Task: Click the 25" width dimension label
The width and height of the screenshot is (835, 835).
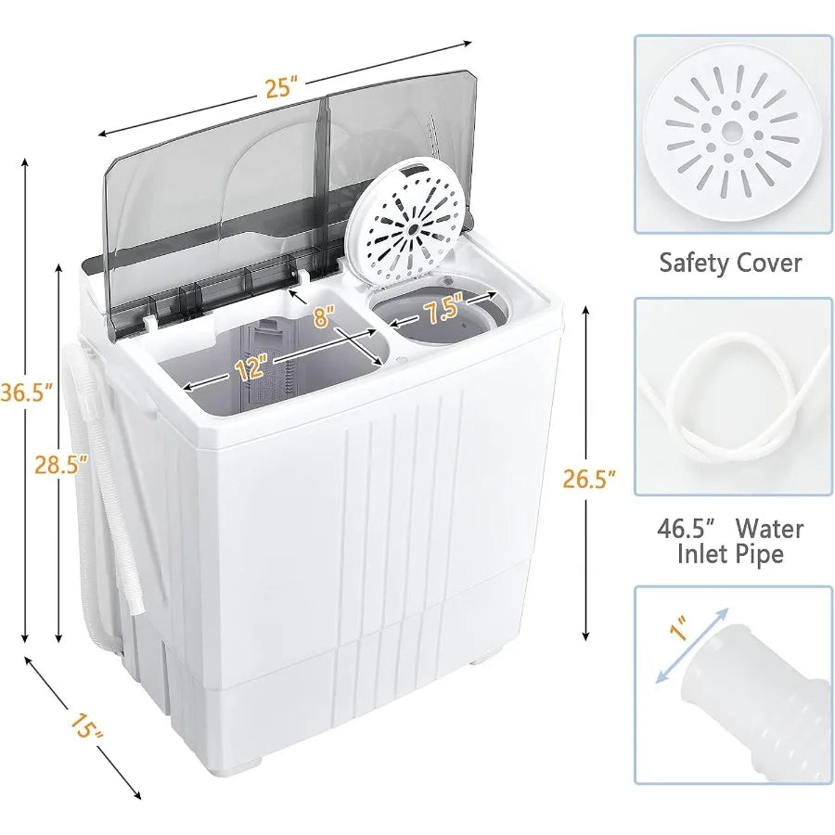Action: tap(278, 88)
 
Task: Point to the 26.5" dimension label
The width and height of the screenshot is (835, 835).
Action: tap(589, 480)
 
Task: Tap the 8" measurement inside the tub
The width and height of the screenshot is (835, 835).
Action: tap(323, 316)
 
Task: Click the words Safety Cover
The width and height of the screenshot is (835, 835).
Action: tap(730, 263)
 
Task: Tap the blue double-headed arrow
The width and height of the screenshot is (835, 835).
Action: tap(692, 646)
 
